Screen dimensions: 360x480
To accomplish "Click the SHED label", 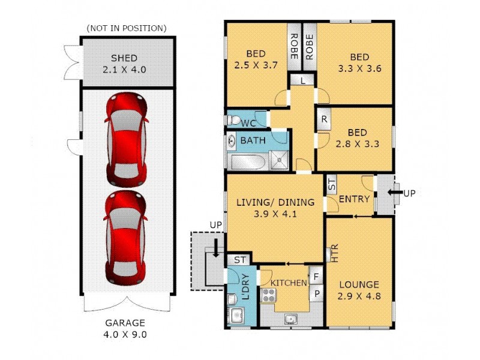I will coord(124,58).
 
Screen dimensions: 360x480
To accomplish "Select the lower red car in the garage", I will coord(126,237).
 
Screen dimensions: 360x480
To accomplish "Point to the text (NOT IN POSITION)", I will coord(127,28).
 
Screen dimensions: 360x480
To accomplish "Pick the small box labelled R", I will coord(324,119).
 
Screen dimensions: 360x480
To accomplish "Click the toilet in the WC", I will coord(234,119).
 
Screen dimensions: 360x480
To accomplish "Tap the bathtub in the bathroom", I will coord(245,161).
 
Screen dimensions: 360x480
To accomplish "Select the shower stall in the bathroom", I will coord(278,160).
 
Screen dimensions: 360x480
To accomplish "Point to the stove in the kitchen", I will coord(268,295).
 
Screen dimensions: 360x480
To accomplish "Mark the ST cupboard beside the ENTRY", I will coord(332,184).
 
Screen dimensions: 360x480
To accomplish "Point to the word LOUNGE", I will coord(359,284).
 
